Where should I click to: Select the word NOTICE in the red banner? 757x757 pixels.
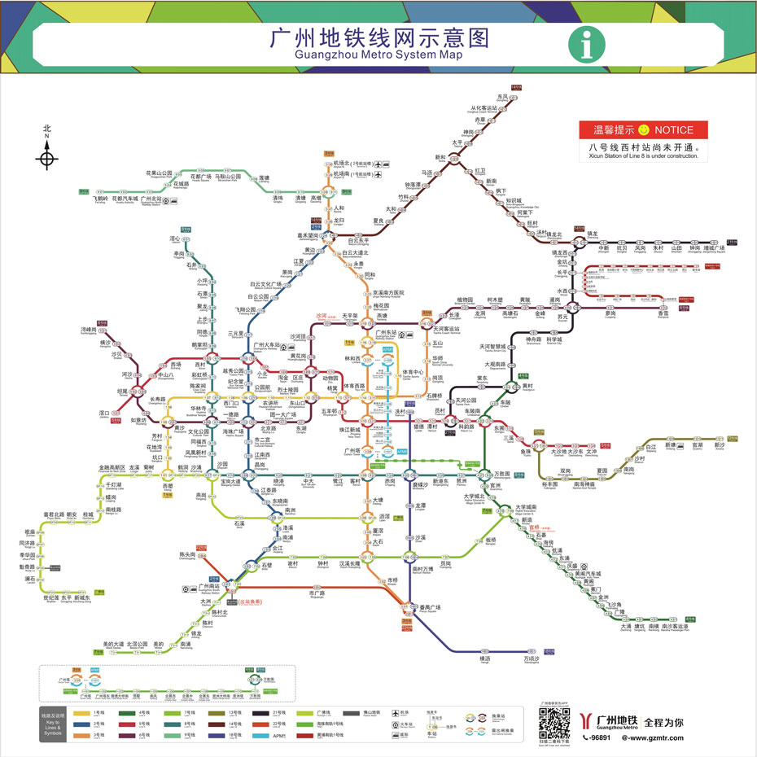pyautogui.click(x=673, y=130)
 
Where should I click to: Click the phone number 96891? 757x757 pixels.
pyautogui.click(x=597, y=737)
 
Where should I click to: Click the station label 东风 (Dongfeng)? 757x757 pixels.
pyautogui.click(x=502, y=97)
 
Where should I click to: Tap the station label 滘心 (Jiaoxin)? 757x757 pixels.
pyautogui.click(x=174, y=238)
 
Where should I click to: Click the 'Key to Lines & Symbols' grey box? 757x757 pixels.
pyautogui.click(x=52, y=724)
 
